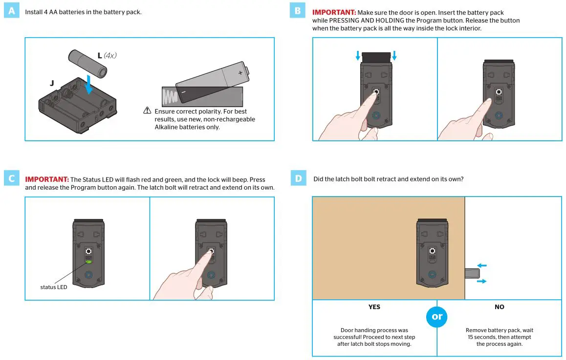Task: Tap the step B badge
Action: [298, 11]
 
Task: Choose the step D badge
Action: [298, 179]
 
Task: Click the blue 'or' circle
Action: [437, 316]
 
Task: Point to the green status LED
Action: [88, 262]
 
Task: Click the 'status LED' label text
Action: [54, 287]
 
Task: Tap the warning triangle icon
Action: [147, 111]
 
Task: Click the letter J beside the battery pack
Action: [51, 84]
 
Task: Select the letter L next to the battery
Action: [100, 56]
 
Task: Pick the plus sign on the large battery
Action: [240, 72]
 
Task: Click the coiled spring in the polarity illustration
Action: [170, 97]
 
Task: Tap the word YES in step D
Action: [374, 307]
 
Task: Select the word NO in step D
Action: [499, 307]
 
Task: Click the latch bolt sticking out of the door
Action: [472, 273]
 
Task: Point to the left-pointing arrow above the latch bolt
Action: [481, 265]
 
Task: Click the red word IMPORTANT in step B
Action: [334, 12]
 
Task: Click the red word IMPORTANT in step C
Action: [46, 180]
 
